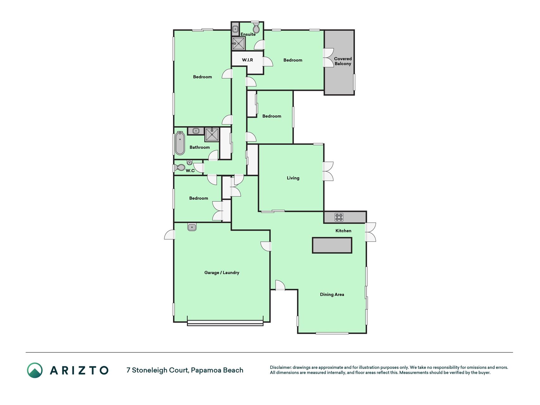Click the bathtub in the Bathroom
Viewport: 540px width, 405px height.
coord(180,143)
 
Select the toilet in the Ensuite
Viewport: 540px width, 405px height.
coord(256,28)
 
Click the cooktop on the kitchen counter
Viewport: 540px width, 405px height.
coord(339,217)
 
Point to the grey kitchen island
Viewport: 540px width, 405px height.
coord(332,245)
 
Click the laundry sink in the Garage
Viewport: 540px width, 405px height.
coord(192,227)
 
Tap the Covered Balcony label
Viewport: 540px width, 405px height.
coord(343,61)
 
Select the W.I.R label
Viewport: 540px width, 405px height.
coord(247,60)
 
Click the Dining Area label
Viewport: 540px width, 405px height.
coord(332,294)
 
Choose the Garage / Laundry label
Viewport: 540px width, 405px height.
coord(222,272)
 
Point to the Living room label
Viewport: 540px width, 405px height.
coord(293,178)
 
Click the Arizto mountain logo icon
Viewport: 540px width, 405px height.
coord(35,370)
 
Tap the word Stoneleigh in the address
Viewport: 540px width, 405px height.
coord(150,370)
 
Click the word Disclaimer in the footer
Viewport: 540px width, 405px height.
coord(280,367)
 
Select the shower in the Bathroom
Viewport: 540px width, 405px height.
coord(212,134)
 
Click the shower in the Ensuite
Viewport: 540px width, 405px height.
coord(238,43)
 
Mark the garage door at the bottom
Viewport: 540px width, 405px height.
coord(225,323)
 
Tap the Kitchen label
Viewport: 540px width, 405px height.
coord(343,231)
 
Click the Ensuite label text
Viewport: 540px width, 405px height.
coord(248,34)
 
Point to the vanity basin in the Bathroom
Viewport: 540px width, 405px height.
coord(196,131)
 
